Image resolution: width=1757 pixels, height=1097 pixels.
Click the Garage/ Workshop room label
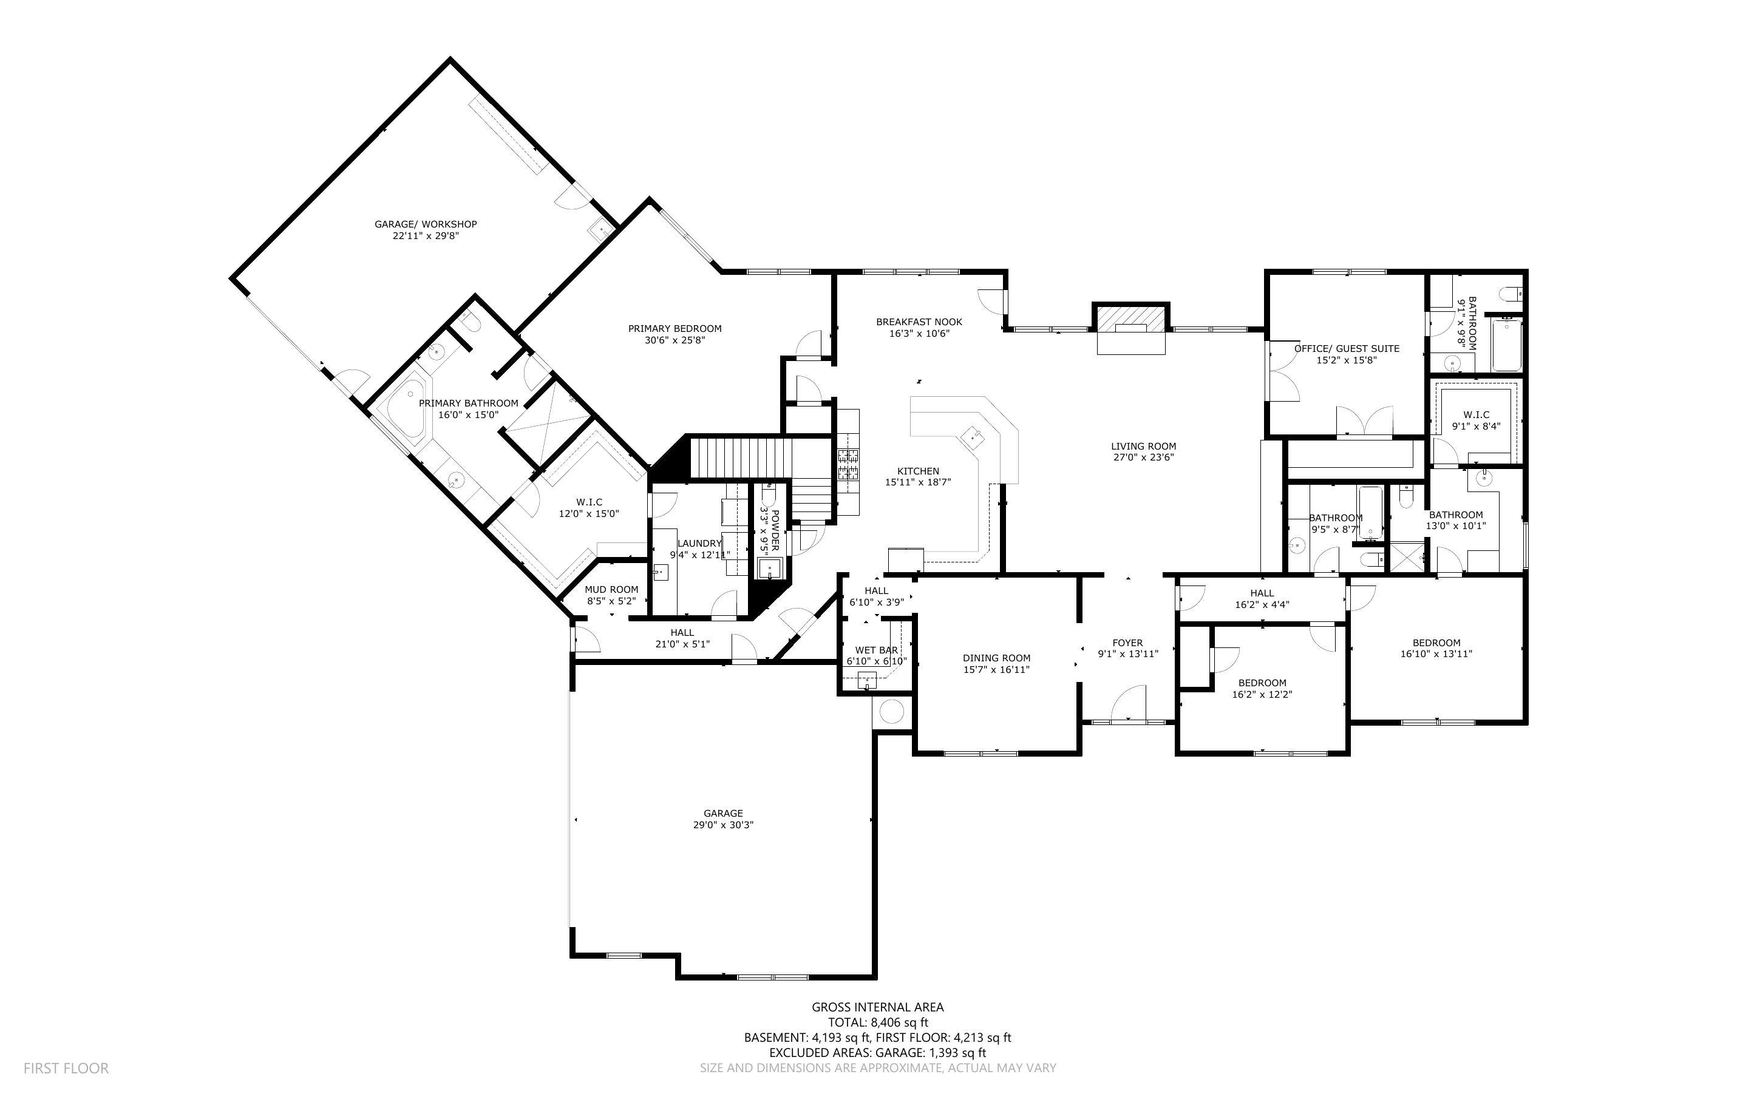425,224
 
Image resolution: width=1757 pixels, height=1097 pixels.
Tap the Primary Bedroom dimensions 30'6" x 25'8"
675,340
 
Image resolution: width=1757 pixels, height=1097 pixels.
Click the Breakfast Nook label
918,322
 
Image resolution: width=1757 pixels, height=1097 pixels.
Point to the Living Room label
1143,446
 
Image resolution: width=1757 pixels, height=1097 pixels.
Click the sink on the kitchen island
973,437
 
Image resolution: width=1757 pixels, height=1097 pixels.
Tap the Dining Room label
996,658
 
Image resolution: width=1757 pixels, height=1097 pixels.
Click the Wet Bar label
876,650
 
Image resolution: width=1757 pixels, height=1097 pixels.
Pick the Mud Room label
611,590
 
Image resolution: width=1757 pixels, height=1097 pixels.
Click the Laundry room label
699,544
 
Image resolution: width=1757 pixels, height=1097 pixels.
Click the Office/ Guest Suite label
1346,349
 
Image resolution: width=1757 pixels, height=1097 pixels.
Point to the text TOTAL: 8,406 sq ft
877,1022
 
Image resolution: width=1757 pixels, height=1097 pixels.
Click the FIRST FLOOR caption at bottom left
66,1068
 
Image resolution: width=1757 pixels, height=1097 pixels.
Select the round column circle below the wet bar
891,712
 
